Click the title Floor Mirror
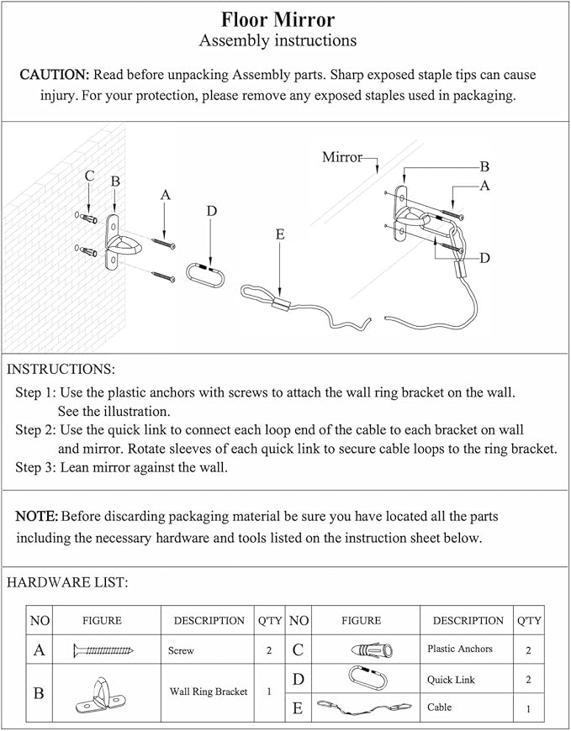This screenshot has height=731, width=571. (278, 20)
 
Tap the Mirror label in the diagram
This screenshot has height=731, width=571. (342, 157)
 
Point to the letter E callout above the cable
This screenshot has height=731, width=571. (279, 235)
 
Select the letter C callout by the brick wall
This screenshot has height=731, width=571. (89, 176)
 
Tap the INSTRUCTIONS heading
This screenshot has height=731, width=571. (61, 369)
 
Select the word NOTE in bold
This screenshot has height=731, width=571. (37, 515)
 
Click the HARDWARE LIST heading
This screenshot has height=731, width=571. (67, 581)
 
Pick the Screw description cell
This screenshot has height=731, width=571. (181, 650)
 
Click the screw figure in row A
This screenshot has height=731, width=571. (104, 649)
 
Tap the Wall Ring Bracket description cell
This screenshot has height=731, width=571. (209, 692)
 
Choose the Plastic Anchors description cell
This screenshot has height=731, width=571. (460, 649)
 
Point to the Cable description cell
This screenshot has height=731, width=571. (439, 707)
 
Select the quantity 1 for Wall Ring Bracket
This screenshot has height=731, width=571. (269, 692)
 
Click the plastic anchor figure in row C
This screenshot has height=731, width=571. (364, 649)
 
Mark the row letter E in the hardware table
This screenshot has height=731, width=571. (298, 708)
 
